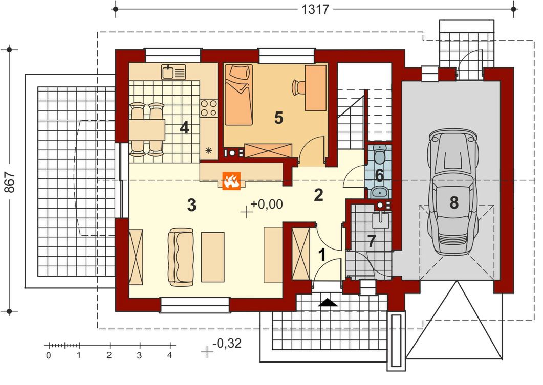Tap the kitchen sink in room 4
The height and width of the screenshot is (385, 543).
point(173,72)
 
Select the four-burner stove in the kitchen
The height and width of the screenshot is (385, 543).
point(209,107)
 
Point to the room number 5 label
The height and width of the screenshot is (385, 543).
point(278,118)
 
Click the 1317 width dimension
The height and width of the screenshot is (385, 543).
point(315,9)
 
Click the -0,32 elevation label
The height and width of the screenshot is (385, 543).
point(227,343)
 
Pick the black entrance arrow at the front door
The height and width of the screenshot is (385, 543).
point(328,303)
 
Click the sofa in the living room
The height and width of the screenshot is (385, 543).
point(181,257)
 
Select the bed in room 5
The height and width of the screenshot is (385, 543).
point(238,95)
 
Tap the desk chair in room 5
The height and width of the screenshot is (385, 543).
point(298,87)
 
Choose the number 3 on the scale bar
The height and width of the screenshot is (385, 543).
point(139,355)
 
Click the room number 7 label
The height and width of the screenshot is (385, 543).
point(372,242)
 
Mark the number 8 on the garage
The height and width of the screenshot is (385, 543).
point(454,202)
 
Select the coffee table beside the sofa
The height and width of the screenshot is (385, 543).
point(213,257)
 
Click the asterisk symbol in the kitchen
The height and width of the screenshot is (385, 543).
point(209,150)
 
